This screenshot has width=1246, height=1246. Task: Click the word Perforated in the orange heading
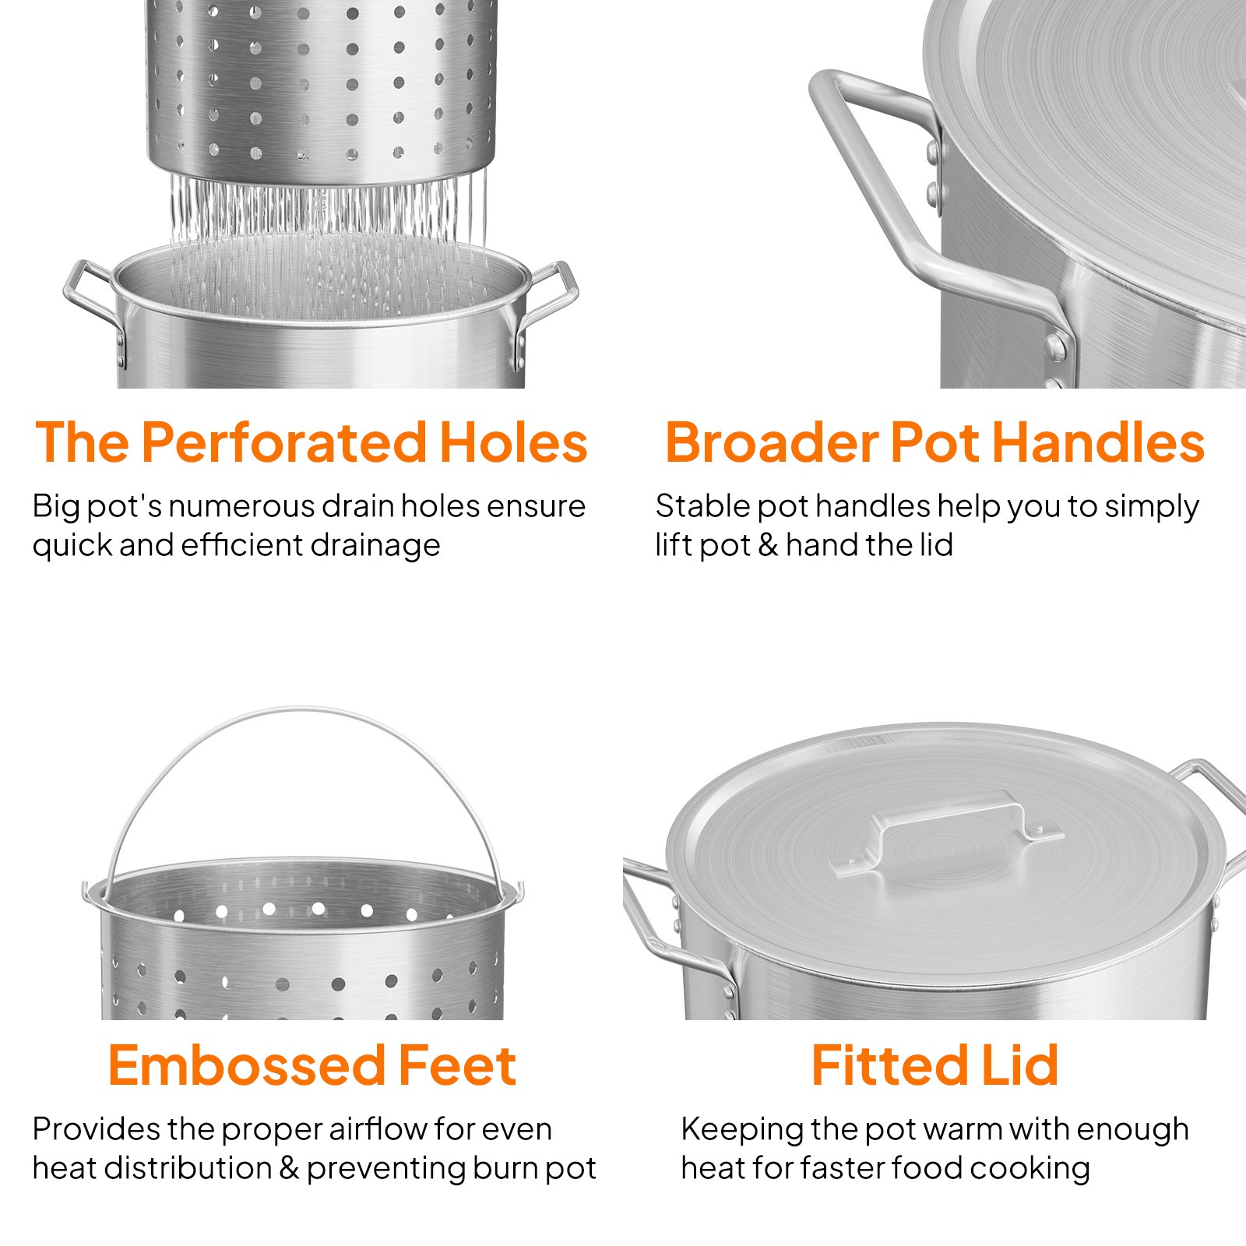pyautogui.click(x=283, y=443)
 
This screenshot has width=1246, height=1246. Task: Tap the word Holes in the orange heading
pyautogui.click(x=513, y=443)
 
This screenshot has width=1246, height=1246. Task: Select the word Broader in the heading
pyautogui.click(x=771, y=443)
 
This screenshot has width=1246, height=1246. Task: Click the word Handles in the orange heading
pyautogui.click(x=1098, y=443)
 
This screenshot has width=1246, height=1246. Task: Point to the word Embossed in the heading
pyautogui.click(x=247, y=1066)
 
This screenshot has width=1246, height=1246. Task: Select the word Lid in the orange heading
pyautogui.click(x=1019, y=1066)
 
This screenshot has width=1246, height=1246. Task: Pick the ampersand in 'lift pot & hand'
pyautogui.click(x=768, y=545)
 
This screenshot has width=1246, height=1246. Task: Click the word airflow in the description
pyautogui.click(x=378, y=1129)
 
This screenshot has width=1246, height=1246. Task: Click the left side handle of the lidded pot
pyautogui.click(x=651, y=919)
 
